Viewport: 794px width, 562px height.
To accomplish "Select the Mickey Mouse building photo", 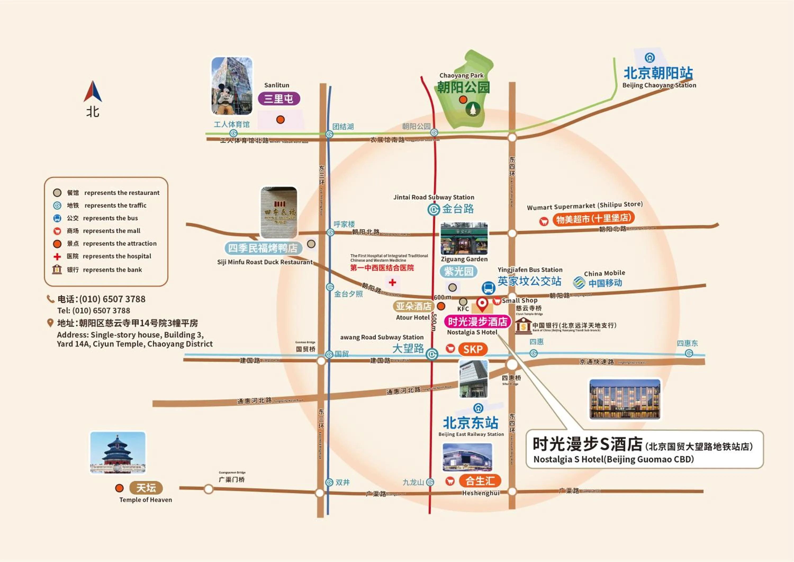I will click(232, 86).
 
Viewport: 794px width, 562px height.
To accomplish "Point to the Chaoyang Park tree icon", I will click(473, 109).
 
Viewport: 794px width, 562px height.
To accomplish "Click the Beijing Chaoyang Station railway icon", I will click(649, 58).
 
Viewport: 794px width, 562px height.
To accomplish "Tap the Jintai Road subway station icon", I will click(434, 209).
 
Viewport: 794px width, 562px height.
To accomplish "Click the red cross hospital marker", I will click(392, 282).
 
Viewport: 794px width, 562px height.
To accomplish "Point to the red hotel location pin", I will click(482, 304).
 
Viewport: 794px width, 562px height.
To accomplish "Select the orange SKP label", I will click(473, 349).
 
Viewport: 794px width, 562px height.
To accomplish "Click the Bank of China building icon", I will click(523, 326).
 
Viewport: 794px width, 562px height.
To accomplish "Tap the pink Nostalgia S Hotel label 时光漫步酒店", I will click(477, 322).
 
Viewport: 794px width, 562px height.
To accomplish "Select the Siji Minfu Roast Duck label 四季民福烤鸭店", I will click(263, 248).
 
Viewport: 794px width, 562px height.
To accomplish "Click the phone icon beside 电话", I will click(51, 299).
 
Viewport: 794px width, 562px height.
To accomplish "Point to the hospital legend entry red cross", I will click(57, 256).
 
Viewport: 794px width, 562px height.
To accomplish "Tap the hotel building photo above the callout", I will click(625, 399).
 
